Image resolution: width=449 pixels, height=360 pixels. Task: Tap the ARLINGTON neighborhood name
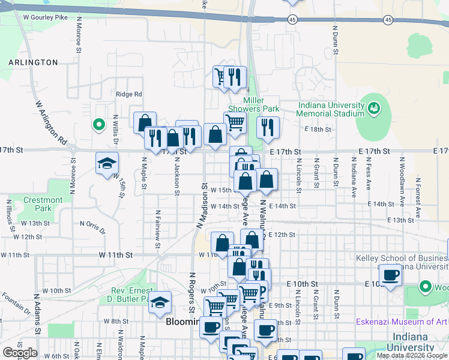(33, 62)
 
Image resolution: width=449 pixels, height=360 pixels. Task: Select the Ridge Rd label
(128, 94)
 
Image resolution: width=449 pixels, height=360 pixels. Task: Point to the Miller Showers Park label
(262, 104)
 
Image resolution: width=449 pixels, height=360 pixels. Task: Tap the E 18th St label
(318, 130)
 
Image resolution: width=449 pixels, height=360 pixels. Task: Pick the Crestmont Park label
(43, 204)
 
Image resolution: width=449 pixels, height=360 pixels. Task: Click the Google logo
(20, 353)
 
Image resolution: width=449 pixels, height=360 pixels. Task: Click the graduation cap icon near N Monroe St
(107, 163)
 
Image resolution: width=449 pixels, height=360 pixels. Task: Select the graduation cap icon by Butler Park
(160, 302)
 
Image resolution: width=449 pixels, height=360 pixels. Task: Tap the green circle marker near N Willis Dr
(98, 125)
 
